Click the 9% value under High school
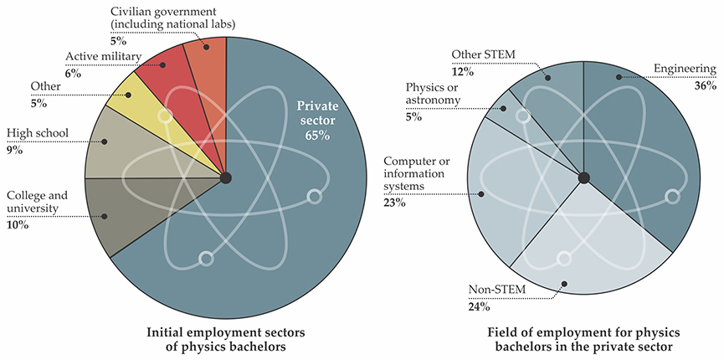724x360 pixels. point(14,152)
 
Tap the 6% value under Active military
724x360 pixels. point(73,74)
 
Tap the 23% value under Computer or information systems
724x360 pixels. point(394,203)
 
